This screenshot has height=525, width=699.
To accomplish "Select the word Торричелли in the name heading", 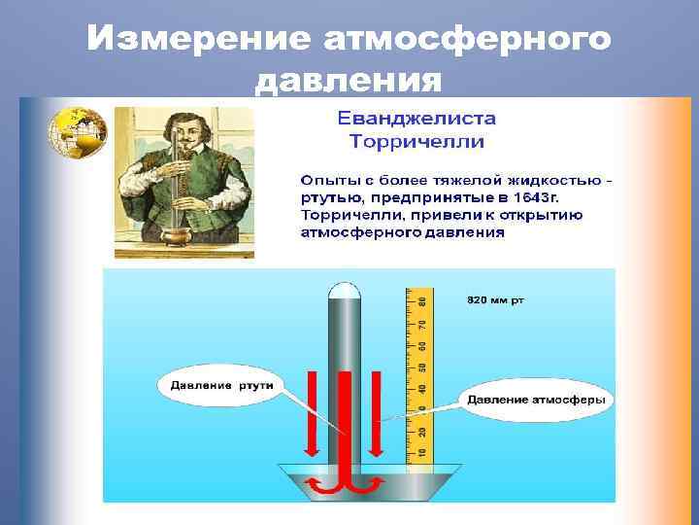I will (x=416, y=142).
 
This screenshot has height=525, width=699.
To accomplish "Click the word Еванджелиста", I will (x=416, y=120).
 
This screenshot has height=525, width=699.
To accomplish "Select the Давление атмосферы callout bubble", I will (x=536, y=400).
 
